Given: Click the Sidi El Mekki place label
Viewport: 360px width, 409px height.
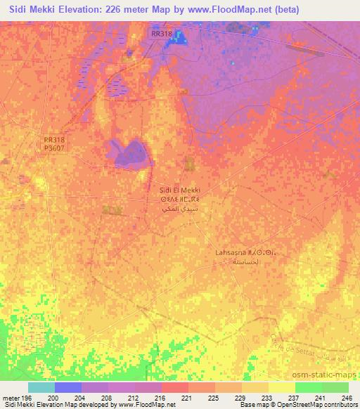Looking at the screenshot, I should (181, 190).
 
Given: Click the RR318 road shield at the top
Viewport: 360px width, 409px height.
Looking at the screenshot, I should (161, 33).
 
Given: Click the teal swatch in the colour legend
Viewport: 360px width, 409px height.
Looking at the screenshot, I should (41, 387).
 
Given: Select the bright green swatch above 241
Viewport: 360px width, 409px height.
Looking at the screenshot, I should (308, 387).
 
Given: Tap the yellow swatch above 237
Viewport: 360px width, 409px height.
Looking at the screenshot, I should (281, 387).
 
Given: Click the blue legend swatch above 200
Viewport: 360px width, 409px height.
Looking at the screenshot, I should (68, 387).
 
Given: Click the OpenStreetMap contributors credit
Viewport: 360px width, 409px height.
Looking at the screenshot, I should (316, 405).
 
